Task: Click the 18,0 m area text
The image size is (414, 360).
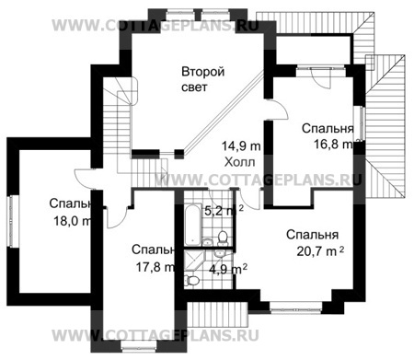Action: pyautogui.click(x=71, y=220)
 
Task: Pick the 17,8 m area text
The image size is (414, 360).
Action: pyautogui.click(x=152, y=267)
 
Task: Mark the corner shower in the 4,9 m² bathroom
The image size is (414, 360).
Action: pyautogui.click(x=190, y=261)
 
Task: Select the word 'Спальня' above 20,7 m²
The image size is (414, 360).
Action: pyautogui.click(x=308, y=234)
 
